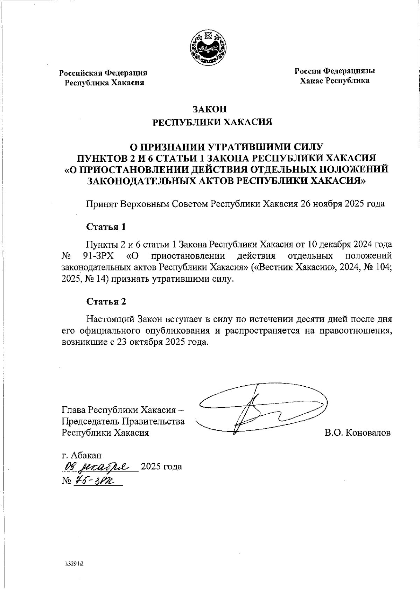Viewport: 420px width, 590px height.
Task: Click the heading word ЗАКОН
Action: coord(210,109)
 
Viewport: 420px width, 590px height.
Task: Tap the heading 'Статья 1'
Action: coord(106,227)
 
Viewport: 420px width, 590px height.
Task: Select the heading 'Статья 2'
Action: coord(106,302)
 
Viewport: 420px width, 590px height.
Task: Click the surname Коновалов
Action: coord(367,433)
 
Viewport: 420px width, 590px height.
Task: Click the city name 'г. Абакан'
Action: coord(82,455)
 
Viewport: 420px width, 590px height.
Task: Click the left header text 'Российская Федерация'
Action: coord(103,73)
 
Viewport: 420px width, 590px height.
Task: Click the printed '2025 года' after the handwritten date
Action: coord(161,466)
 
